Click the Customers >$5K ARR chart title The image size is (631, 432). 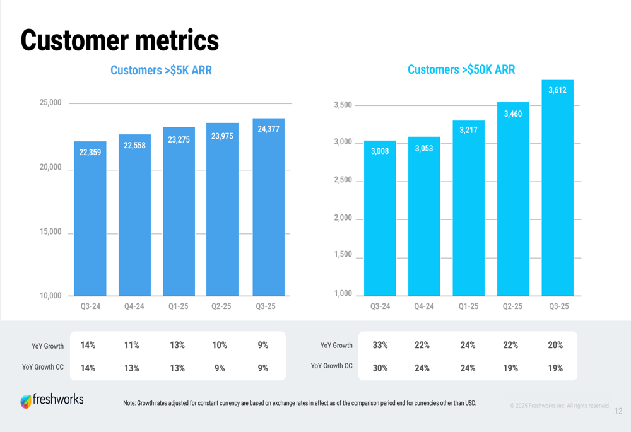pos(161,71)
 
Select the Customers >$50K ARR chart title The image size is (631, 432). pos(461,70)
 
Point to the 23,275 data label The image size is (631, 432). pos(179,140)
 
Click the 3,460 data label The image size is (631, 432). pos(513,114)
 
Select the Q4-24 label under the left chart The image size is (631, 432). pos(134,306)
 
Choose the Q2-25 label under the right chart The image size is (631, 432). pos(512,306)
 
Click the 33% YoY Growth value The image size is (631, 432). pos(380,346)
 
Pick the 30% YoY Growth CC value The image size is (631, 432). pos(380,368)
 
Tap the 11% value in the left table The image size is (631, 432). pos(131,346)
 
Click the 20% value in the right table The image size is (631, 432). pos(555,346)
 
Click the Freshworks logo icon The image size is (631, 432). pos(26,401)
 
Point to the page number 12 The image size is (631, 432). pos(618,411)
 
